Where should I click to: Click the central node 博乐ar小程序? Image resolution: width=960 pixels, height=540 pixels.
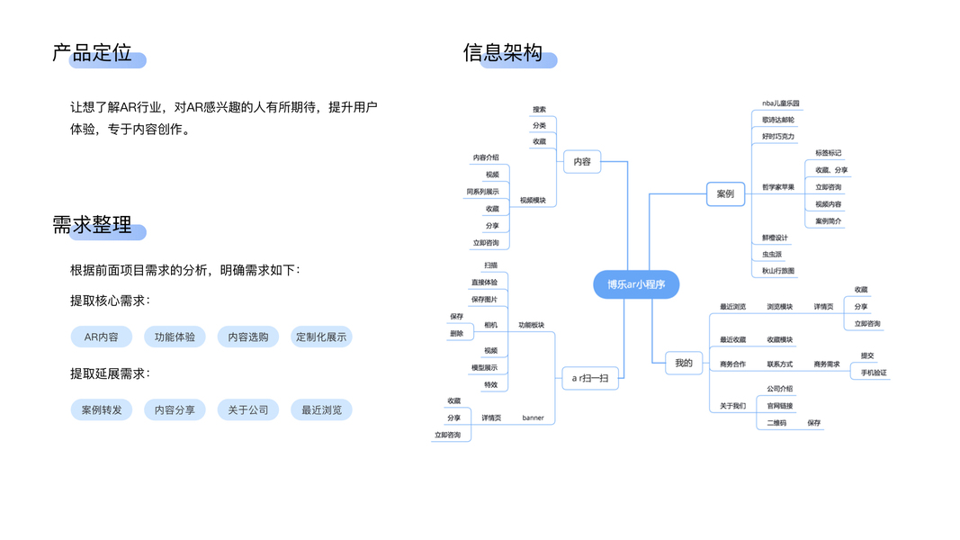635,284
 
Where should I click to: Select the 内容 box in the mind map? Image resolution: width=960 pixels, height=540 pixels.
581,162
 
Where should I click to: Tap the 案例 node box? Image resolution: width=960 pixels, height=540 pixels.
725,193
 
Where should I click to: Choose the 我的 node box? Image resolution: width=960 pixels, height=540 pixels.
684,363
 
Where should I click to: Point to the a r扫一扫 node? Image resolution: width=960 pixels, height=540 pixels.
590,379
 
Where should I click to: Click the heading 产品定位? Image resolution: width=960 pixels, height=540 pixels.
93,53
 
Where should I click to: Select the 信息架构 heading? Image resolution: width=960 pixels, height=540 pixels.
503,53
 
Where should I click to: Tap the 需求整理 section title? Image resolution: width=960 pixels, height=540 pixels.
93,225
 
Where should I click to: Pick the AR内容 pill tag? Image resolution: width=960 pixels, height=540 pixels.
101,337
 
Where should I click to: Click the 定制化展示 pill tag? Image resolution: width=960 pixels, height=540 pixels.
321,337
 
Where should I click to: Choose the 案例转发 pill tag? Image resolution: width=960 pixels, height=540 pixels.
101,409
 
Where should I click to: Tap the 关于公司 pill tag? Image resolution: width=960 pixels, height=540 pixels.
247,409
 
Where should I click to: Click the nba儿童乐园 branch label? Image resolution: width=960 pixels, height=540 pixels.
780,103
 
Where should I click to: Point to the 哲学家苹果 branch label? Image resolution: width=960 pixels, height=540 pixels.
778,187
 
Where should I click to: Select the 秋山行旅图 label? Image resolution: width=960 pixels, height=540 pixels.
778,271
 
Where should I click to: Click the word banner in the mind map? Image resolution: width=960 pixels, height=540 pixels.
533,418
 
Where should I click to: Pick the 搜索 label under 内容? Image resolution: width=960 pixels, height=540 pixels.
539,109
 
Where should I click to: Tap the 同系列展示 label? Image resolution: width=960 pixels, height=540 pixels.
482,192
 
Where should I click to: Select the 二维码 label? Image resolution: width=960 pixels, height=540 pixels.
776,422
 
